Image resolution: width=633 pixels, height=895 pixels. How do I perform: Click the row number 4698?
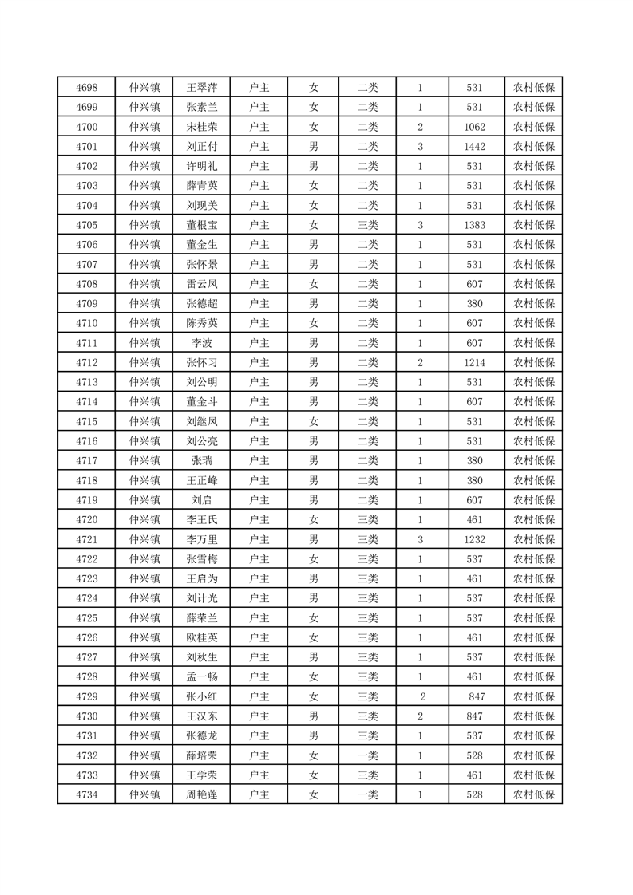click(86, 88)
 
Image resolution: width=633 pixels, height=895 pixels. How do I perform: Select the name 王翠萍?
click(201, 88)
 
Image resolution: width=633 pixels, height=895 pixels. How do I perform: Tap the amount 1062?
click(475, 127)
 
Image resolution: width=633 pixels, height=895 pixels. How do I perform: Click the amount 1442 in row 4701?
click(475, 147)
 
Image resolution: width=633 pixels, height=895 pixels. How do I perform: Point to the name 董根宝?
click(201, 226)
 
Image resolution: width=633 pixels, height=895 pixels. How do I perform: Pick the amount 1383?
click(475, 226)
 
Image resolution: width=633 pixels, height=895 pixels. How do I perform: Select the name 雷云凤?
click(201, 284)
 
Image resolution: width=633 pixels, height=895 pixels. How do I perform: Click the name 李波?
click(201, 343)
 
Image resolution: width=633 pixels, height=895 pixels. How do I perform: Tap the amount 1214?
click(475, 363)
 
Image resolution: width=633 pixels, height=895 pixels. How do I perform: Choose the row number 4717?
click(86, 461)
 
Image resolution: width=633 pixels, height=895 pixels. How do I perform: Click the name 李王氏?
click(201, 520)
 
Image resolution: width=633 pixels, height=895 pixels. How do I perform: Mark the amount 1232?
click(475, 540)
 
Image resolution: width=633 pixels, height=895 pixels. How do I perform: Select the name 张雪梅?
click(201, 559)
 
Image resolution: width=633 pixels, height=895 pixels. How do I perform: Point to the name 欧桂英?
click(201, 638)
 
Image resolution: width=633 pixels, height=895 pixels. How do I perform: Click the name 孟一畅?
click(201, 677)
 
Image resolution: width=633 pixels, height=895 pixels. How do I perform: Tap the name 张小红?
click(201, 696)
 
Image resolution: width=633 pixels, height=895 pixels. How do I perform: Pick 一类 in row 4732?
click(368, 755)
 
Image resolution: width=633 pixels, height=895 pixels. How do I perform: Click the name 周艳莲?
click(201, 794)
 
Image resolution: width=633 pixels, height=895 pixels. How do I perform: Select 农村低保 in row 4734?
click(533, 794)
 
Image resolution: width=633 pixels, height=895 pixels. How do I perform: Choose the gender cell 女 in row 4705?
click(314, 226)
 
